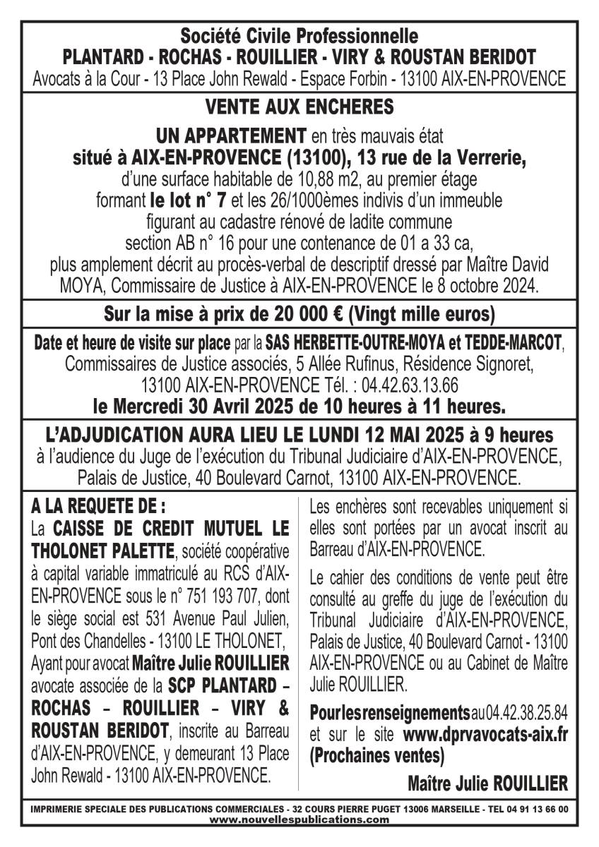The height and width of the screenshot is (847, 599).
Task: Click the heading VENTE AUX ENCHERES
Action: pos(299,107)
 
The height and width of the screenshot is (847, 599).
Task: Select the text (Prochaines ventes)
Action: pos(376,757)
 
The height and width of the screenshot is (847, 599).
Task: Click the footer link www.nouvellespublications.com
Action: pos(299,819)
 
